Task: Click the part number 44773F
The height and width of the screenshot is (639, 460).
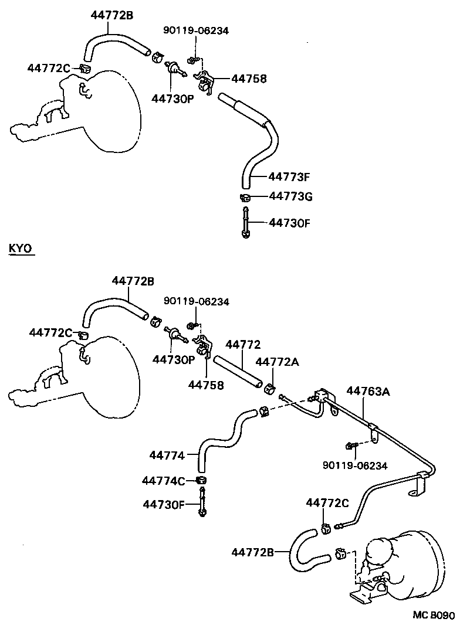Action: click(289, 176)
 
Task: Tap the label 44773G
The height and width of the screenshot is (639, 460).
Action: click(290, 197)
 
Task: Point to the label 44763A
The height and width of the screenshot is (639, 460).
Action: click(368, 391)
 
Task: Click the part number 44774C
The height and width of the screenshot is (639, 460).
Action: click(164, 481)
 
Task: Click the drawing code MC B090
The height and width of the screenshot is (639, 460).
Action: click(432, 631)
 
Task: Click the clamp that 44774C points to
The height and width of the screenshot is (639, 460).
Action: click(202, 481)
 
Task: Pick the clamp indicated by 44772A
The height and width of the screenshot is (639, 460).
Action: click(270, 389)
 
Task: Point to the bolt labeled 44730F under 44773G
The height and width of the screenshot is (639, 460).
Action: click(246, 222)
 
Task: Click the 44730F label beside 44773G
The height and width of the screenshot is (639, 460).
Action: click(289, 222)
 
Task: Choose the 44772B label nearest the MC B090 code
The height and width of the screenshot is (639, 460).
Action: click(252, 552)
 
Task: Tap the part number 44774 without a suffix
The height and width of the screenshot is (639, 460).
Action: click(167, 455)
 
